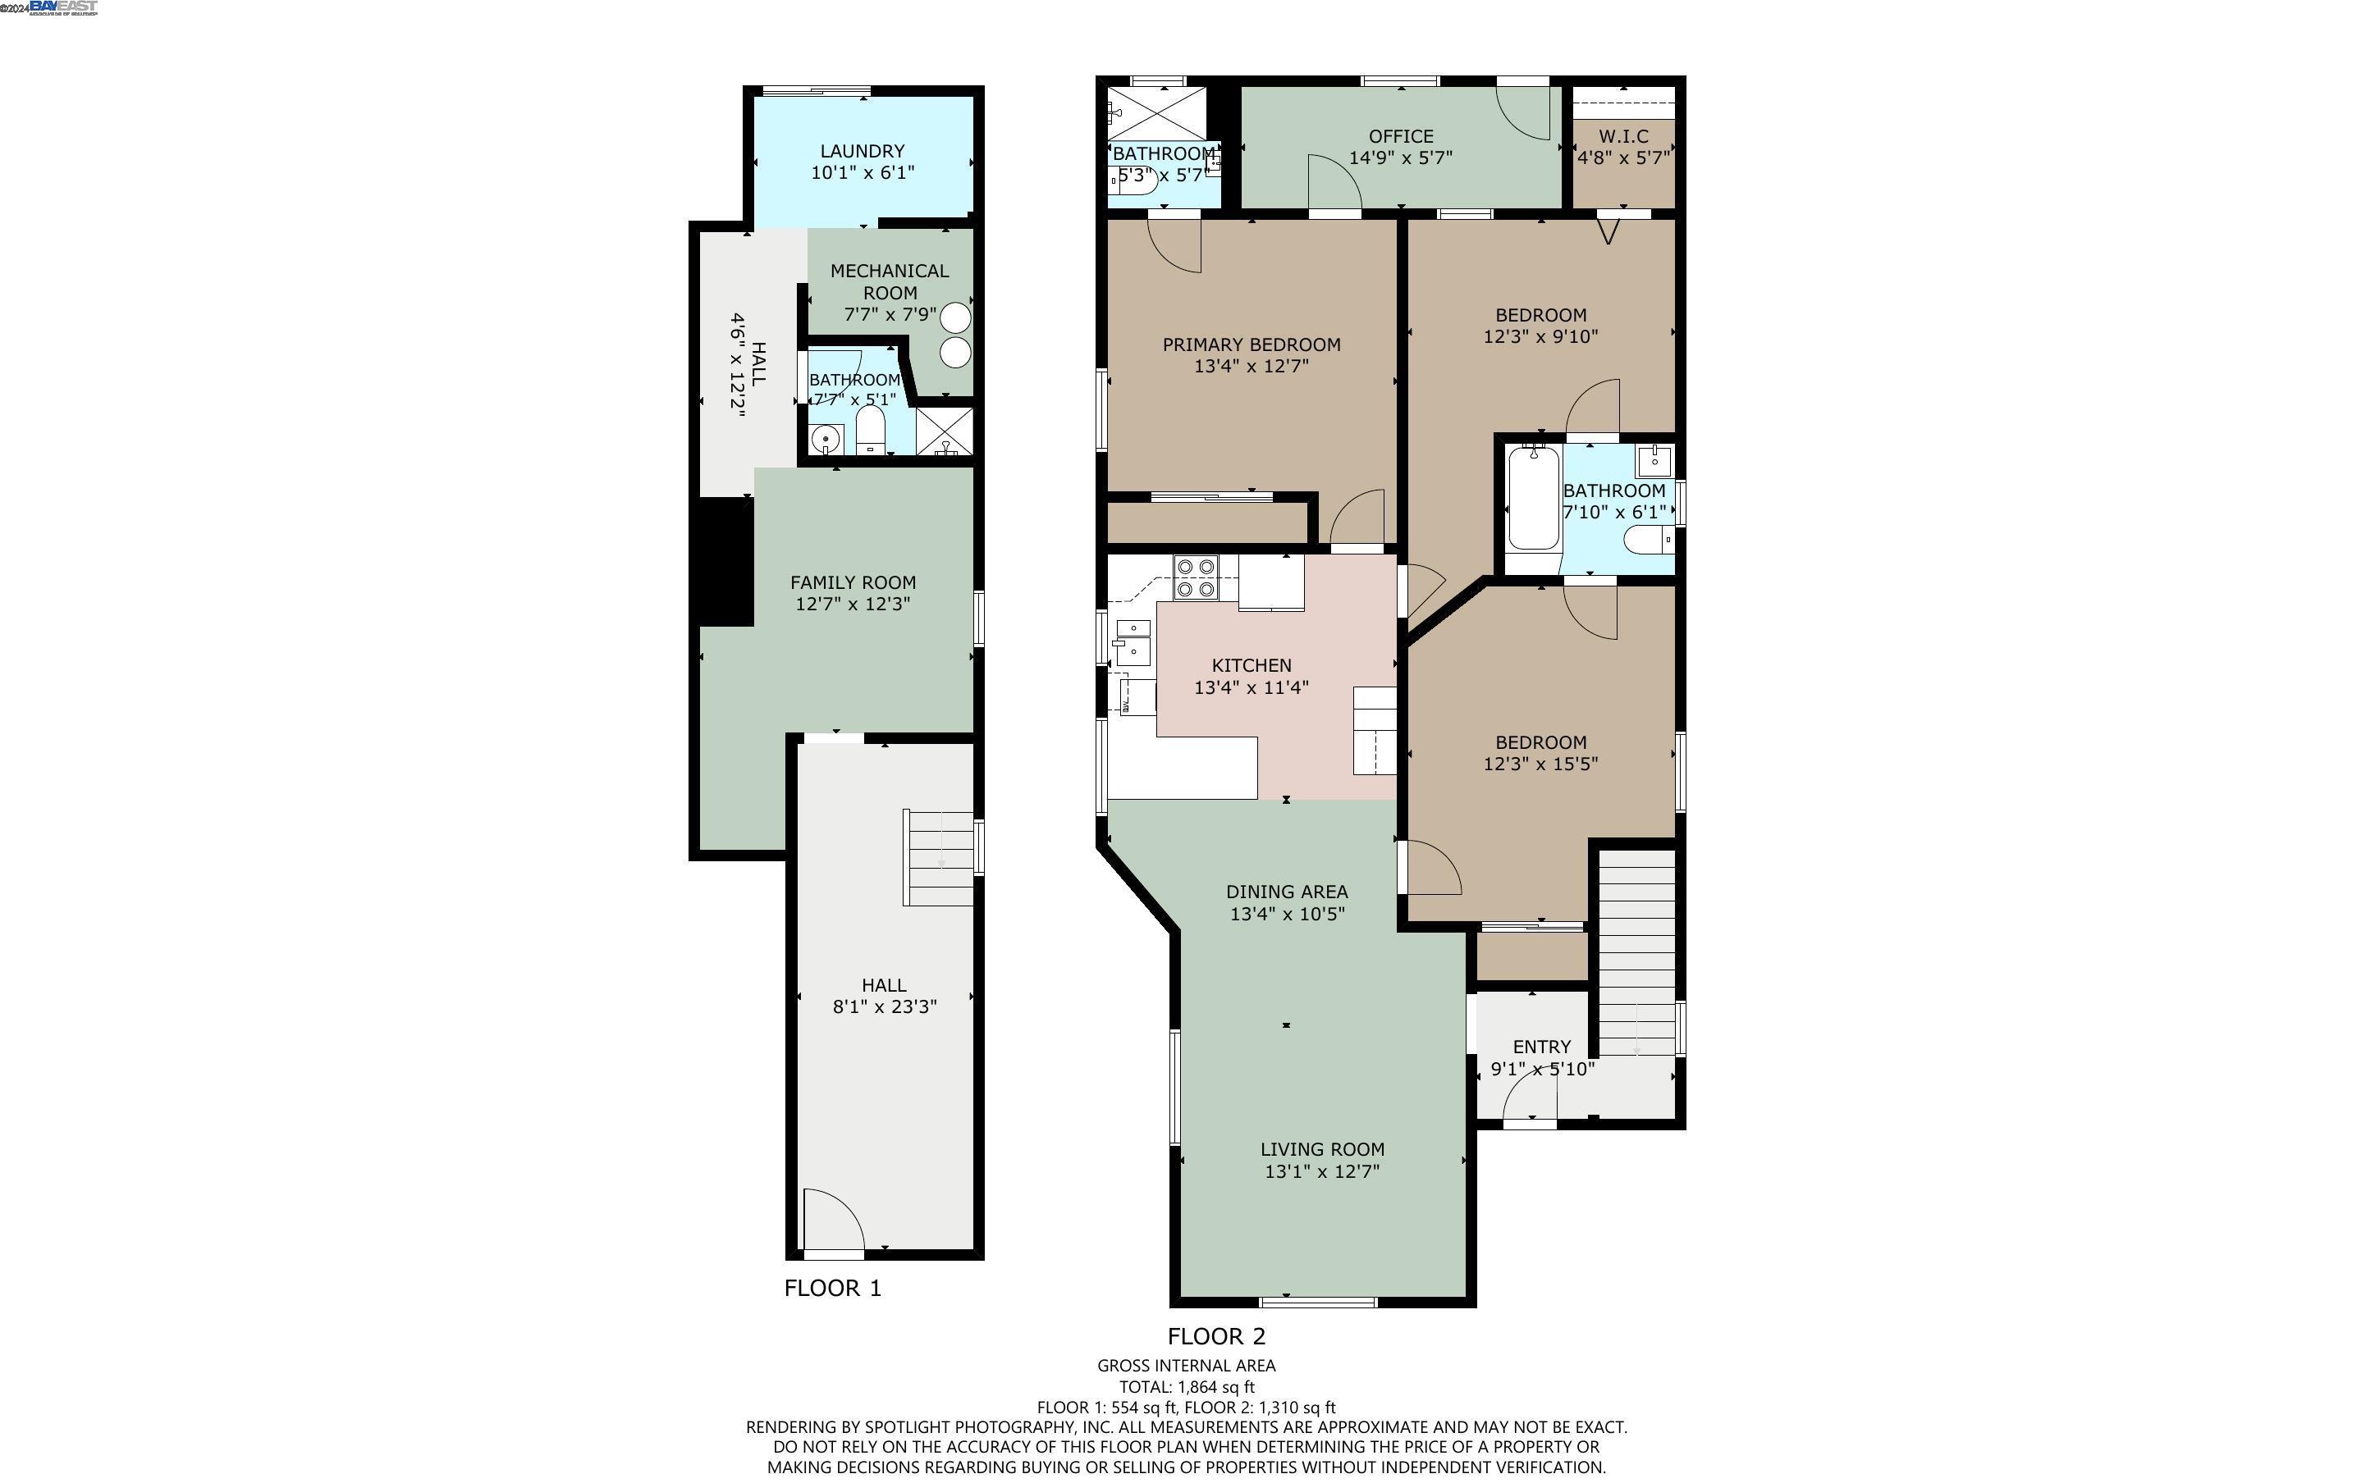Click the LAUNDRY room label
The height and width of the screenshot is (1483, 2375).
(x=862, y=151)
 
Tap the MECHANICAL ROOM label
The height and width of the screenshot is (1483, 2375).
(x=889, y=281)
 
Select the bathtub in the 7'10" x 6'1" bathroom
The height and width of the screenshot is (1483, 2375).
(x=1531, y=498)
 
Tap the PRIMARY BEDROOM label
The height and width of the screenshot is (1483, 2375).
(x=1251, y=345)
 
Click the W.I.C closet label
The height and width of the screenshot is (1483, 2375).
(x=1622, y=136)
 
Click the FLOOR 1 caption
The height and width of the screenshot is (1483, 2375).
(x=832, y=1288)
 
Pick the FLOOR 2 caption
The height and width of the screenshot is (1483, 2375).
(x=1215, y=1336)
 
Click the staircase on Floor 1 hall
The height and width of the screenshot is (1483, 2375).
(x=939, y=857)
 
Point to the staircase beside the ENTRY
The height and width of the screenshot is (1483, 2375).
(x=1636, y=951)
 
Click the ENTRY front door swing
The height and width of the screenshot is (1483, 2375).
(x=1528, y=1098)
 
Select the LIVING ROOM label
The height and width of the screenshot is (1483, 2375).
(x=1321, y=1148)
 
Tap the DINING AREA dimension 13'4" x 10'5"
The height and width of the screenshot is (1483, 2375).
(x=1286, y=914)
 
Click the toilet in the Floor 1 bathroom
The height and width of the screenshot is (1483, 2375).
(x=870, y=432)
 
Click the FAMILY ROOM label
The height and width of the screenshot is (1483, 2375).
(x=853, y=582)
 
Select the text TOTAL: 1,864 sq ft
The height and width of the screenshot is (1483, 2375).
(x=1186, y=1387)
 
